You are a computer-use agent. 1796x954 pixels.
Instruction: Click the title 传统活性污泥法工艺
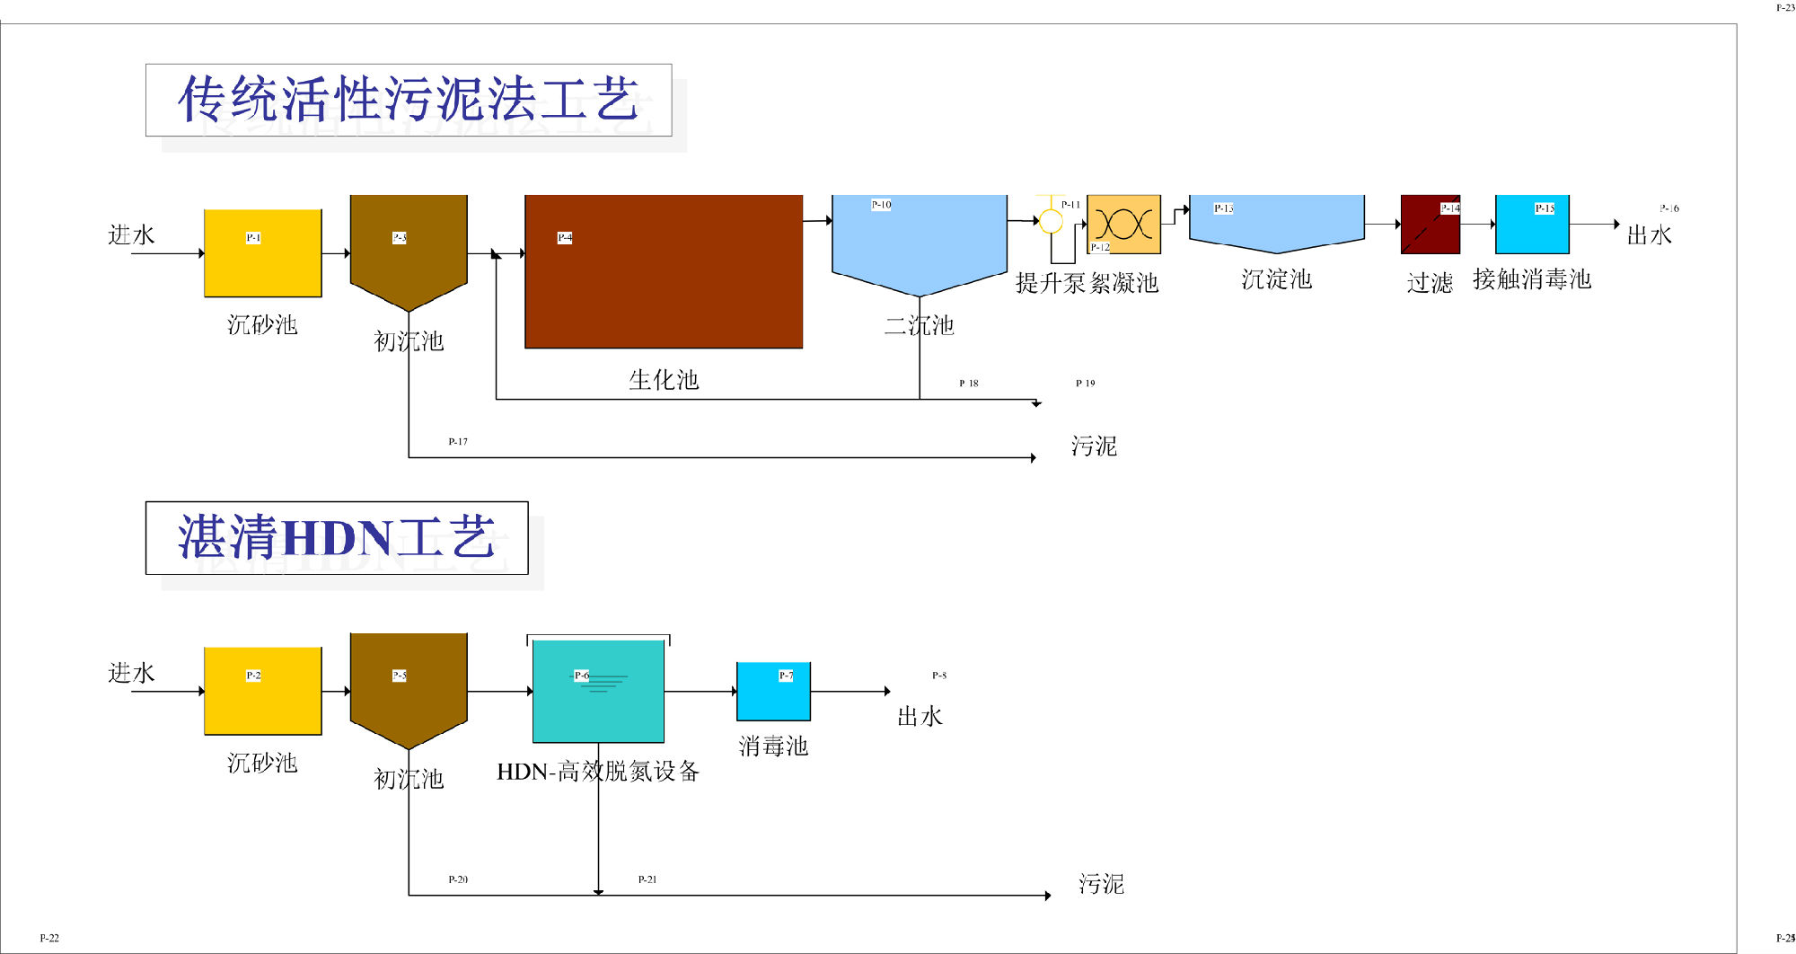click(409, 100)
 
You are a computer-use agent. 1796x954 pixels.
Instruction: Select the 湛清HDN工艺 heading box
click(337, 537)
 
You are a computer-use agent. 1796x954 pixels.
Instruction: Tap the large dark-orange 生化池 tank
click(663, 271)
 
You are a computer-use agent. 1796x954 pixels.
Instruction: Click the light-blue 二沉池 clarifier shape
click(919, 238)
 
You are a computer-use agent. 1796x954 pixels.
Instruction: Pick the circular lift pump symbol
click(1050, 220)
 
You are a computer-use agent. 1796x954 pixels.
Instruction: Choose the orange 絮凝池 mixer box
click(1123, 224)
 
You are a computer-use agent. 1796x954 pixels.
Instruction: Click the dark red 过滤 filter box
click(1430, 225)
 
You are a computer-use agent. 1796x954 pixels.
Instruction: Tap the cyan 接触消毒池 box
click(1531, 225)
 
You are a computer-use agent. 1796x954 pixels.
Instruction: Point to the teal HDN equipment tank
click(598, 691)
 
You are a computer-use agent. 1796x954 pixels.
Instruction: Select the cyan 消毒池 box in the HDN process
click(772, 691)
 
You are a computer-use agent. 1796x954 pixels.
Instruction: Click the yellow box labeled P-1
click(262, 253)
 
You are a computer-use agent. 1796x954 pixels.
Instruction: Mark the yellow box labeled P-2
click(262, 691)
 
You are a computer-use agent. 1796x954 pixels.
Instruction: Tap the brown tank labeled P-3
click(409, 247)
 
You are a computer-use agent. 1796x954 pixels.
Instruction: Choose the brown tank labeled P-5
click(409, 685)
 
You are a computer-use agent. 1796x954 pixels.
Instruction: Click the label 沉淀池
click(1276, 279)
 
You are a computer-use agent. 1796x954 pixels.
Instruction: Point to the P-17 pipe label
click(458, 441)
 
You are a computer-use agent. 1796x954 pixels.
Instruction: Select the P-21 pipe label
click(647, 879)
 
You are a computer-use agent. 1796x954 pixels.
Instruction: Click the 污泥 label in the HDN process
click(1101, 884)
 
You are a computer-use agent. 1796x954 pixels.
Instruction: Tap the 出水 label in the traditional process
click(1649, 235)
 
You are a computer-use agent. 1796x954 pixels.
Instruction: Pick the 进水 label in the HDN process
click(131, 673)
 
